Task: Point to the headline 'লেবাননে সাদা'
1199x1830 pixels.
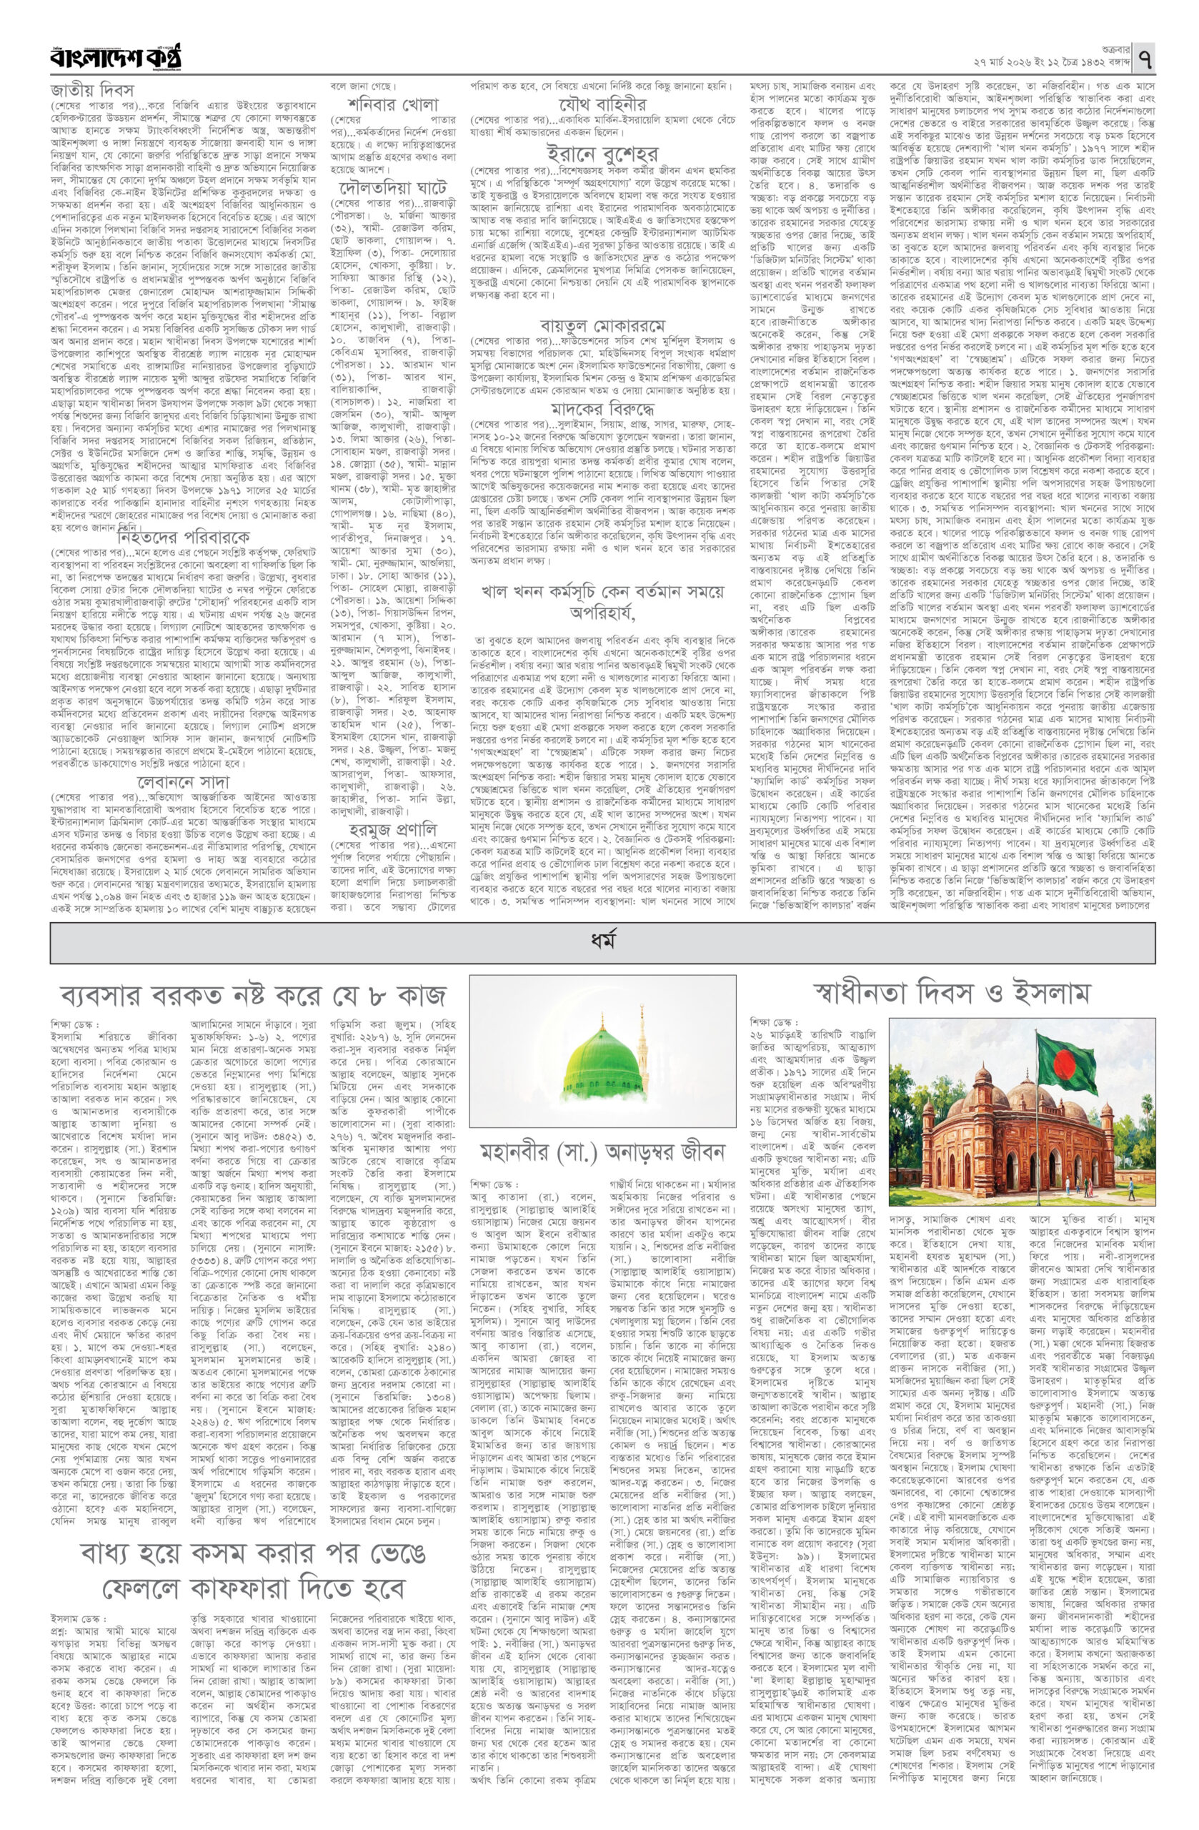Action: (x=184, y=761)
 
